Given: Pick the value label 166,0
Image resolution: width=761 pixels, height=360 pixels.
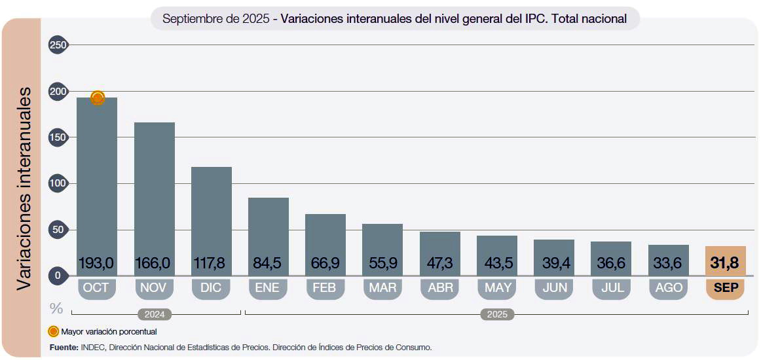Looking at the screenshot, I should (x=153, y=264).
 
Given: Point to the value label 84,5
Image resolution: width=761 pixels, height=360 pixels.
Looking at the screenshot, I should (x=268, y=264).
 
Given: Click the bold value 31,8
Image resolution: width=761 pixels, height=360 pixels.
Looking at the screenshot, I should (x=725, y=264).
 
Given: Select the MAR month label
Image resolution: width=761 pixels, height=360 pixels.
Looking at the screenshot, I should (x=382, y=288).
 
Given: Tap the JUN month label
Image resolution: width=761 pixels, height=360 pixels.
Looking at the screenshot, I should (x=554, y=288).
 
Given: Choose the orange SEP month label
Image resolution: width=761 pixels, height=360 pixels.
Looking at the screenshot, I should (x=725, y=288).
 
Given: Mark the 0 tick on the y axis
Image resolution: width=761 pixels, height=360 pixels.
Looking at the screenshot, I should (x=58, y=276).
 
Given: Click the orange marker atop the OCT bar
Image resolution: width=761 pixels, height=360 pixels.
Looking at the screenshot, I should (x=98, y=98).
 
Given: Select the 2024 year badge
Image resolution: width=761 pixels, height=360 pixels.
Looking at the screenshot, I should (x=155, y=314).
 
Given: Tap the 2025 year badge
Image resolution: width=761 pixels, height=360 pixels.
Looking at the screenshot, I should (x=497, y=314).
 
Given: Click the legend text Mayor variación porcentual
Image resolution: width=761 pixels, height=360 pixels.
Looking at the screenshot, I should (x=109, y=332).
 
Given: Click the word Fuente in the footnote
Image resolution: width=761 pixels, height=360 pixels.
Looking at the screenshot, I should (x=64, y=347).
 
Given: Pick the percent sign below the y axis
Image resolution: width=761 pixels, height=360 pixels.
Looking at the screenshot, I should (x=57, y=308).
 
